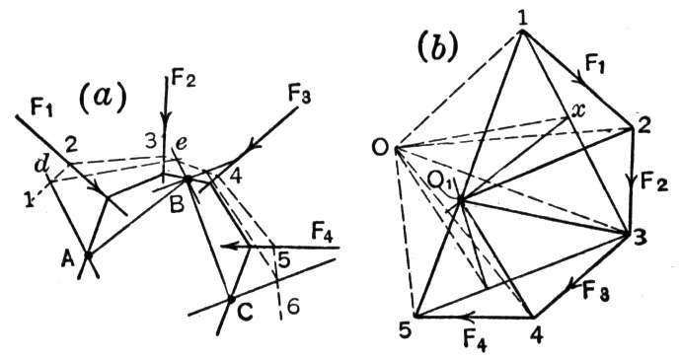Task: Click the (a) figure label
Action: [102, 98]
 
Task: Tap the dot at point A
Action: [89, 255]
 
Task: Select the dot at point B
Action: [189, 179]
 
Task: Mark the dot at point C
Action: [232, 299]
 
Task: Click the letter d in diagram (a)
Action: [43, 166]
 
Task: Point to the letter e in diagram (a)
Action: [182, 143]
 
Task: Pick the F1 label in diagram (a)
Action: [40, 109]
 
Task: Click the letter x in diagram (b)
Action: [577, 110]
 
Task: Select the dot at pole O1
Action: [461, 200]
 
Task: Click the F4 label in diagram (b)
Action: [476, 340]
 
